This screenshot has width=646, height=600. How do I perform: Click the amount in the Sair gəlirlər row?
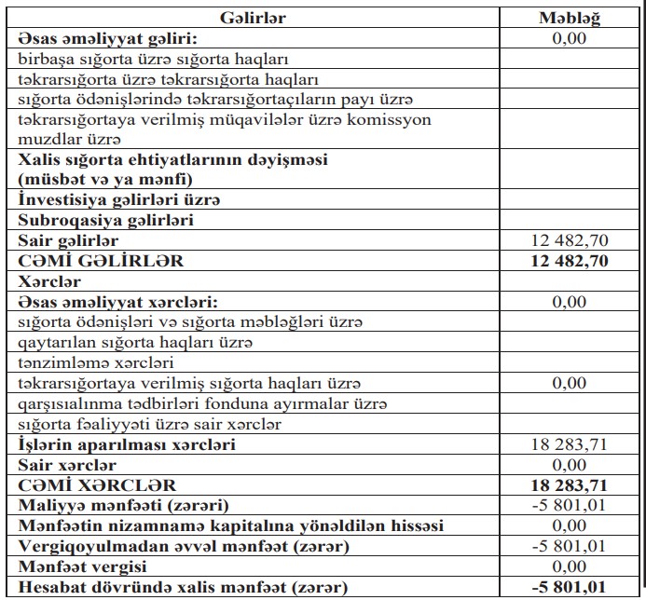pos(570,241)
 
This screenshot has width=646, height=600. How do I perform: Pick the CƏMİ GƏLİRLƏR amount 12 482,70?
pos(569,261)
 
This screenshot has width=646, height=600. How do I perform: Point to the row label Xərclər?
pos(48,280)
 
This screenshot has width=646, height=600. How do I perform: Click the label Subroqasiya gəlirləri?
pos(91,221)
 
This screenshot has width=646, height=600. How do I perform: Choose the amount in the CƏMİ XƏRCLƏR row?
pos(569,485)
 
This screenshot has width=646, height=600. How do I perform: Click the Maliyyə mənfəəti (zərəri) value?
pos(570,506)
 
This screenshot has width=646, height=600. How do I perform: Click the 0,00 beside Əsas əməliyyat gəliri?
pos(570,39)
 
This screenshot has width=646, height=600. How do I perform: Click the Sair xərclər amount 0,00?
pos(570,465)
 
